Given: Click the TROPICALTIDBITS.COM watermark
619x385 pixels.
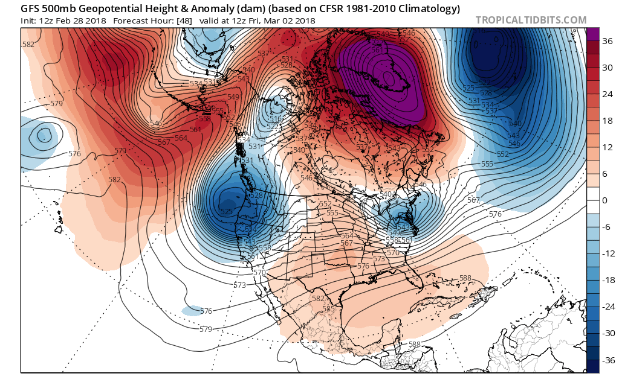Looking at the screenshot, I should [x=531, y=20].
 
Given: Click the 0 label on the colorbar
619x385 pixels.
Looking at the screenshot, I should [x=605, y=200].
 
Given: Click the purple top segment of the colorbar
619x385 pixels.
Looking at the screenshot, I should [x=592, y=34].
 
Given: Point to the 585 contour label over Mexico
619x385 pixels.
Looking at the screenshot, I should [x=328, y=309].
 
